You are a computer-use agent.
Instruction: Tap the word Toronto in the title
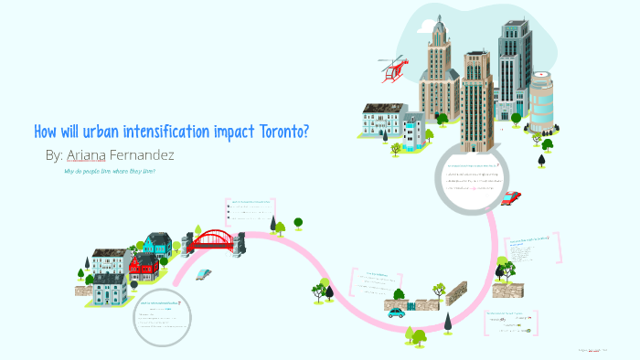tap(282, 132)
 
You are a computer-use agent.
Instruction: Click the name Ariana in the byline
tap(91, 155)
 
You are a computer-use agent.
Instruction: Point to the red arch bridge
tap(212, 240)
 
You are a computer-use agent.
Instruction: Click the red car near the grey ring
tap(511, 197)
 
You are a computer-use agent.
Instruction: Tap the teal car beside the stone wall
tap(395, 312)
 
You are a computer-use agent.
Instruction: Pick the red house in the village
tap(144, 266)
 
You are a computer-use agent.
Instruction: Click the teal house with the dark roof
tap(157, 243)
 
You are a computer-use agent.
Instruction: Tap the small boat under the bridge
tap(204, 273)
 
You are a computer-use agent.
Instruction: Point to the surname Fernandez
tap(143, 155)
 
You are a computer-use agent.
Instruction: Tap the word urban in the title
tap(90, 132)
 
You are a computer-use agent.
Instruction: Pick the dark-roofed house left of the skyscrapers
tap(383, 120)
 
